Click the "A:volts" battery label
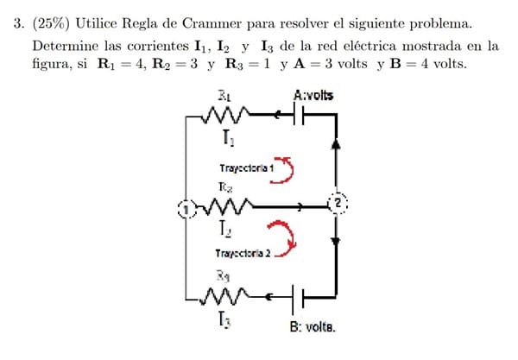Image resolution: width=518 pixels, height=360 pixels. point(313,95)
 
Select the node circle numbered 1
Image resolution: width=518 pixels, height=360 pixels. point(184,207)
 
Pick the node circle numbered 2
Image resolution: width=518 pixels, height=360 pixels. point(338,203)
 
